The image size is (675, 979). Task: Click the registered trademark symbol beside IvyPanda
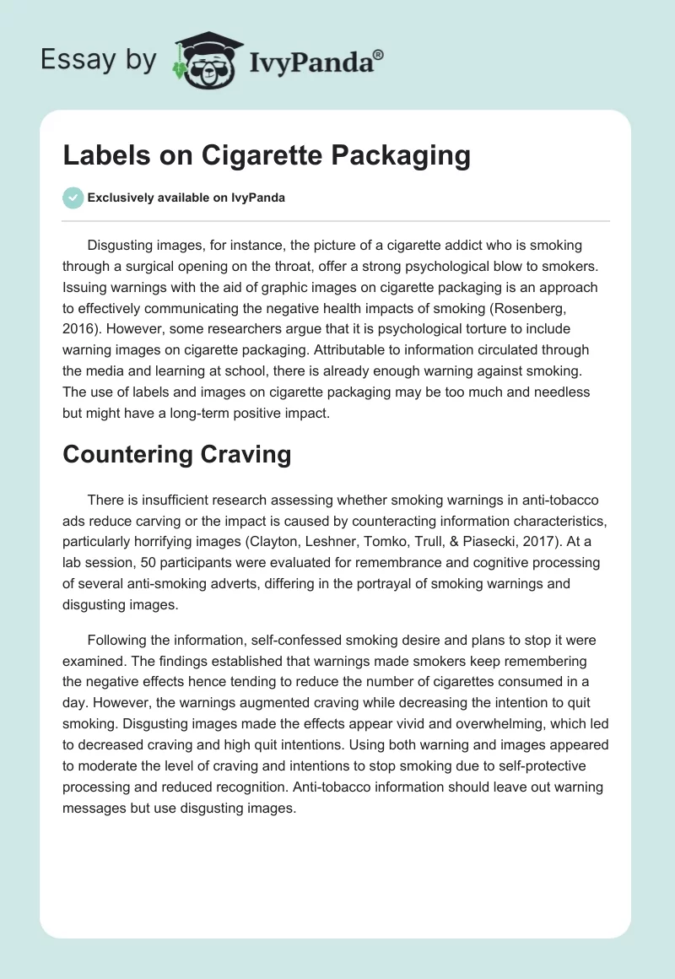coord(378,55)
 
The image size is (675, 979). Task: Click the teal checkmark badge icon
coord(73,197)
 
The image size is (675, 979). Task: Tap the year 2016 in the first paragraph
coord(78,308)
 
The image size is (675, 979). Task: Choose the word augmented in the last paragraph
coord(225,702)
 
